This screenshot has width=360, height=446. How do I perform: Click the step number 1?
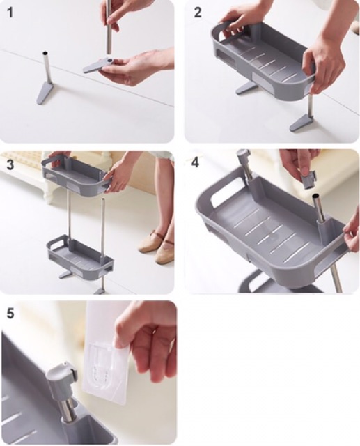click(10, 13)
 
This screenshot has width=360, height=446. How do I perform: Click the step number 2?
click(198, 13)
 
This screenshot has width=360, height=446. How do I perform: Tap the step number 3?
click(10, 164)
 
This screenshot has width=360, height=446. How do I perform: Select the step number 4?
click(195, 162)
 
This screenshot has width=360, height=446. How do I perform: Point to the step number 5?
click(10, 313)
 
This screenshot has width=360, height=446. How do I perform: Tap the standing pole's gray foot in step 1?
click(45, 92)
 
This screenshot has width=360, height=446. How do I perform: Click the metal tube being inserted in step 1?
click(109, 26)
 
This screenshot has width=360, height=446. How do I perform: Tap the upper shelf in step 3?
click(75, 174)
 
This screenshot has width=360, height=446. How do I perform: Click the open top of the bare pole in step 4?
click(317, 196)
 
